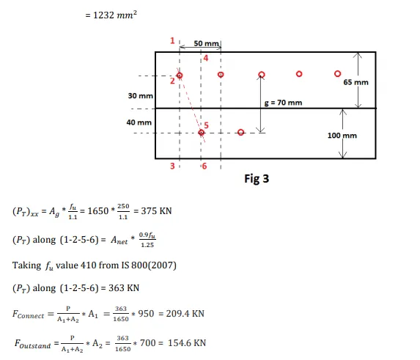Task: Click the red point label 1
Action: pyautogui.click(x=172, y=41)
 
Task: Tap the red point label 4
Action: pyautogui.click(x=205, y=58)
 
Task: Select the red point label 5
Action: pyautogui.click(x=206, y=125)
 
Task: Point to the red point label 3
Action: pyautogui.click(x=172, y=166)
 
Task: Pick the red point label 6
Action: pyautogui.click(x=205, y=166)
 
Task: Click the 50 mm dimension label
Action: pyautogui.click(x=206, y=43)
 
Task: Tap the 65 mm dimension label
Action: pyautogui.click(x=355, y=82)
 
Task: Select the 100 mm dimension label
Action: pyautogui.click(x=342, y=136)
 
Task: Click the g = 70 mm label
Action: pyautogui.click(x=283, y=103)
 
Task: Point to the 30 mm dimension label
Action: pyautogui.click(x=140, y=96)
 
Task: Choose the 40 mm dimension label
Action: pyautogui.click(x=139, y=122)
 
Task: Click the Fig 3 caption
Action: pyautogui.click(x=257, y=179)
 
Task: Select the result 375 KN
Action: pyautogui.click(x=156, y=211)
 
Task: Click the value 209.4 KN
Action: pyautogui.click(x=185, y=314)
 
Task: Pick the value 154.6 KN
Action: pyautogui.click(x=187, y=343)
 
